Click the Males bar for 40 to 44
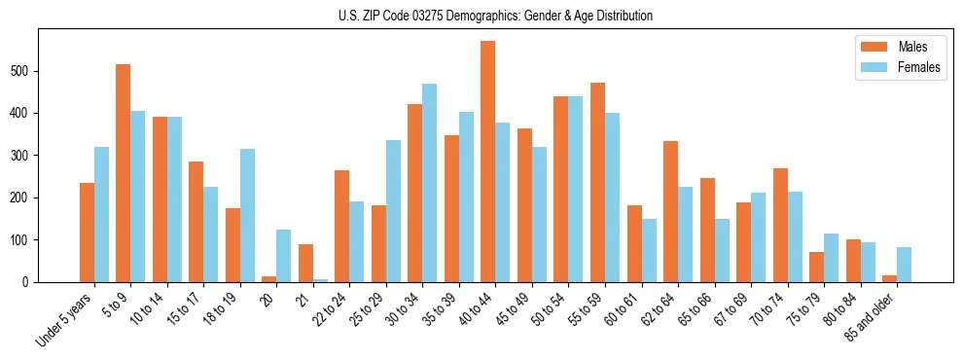tap(487, 162)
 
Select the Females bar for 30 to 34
tap(429, 183)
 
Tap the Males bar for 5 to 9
tap(123, 173)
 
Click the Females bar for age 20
tap(283, 256)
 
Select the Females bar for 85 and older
tap(904, 265)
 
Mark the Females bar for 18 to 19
tap(247, 215)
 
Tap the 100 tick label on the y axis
tap(24, 239)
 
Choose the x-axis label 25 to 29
tap(369, 308)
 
